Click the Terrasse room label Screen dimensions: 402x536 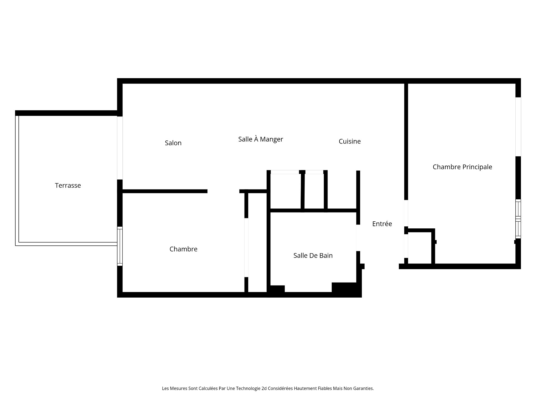click(x=68, y=185)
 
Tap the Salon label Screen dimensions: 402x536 click(x=173, y=143)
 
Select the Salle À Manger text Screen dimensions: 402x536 click(x=260, y=139)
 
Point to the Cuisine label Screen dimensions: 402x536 click(x=350, y=142)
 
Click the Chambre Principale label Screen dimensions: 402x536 click(x=462, y=167)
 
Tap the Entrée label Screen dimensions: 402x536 click(x=382, y=224)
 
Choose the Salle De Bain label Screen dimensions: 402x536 click(x=313, y=255)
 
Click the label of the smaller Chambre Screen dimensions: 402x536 click(x=183, y=249)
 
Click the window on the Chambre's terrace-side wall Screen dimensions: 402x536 click(x=120, y=246)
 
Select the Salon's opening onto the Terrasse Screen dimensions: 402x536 click(x=120, y=148)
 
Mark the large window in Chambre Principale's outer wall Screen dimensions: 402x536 click(x=518, y=127)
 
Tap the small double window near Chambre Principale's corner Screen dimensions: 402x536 click(x=518, y=219)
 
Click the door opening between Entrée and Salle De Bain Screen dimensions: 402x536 click(x=358, y=238)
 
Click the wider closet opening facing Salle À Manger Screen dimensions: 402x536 click(x=285, y=172)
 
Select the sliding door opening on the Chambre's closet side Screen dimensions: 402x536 click(x=247, y=247)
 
